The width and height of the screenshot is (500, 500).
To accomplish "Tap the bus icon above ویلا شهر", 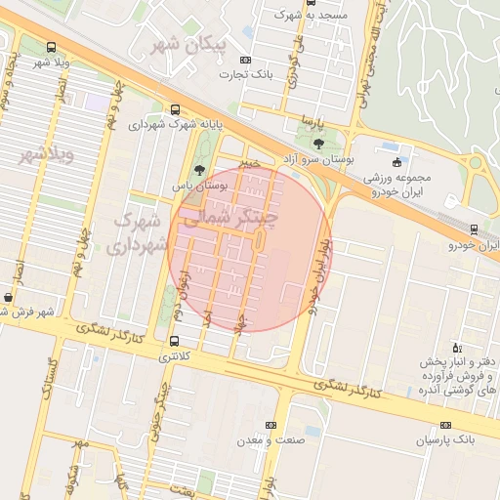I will tap(51, 48).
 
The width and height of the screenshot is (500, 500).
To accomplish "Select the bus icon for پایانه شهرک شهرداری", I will tap(175, 109).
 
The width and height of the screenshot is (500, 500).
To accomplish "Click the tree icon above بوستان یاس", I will tap(199, 170).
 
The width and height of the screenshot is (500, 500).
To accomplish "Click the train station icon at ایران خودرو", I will tap(474, 229).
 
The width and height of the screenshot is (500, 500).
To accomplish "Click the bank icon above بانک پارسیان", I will tap(446, 426).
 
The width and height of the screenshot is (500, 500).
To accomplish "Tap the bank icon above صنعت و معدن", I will tap(271, 426).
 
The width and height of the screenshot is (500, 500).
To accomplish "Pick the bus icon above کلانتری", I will tap(174, 342).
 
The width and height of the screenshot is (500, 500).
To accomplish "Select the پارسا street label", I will tap(312, 122).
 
